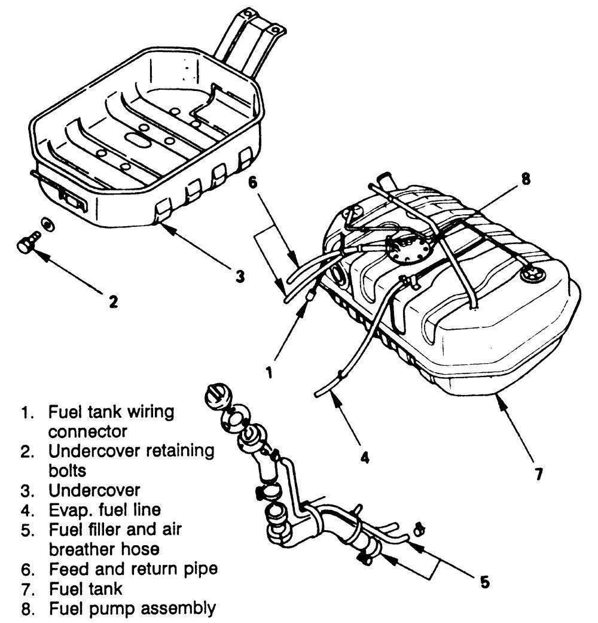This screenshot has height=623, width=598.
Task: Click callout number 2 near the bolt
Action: (112, 300)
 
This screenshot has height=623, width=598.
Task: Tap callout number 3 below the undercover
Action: (239, 276)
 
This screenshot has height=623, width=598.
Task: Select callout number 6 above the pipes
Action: (253, 184)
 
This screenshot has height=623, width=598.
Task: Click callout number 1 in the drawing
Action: (269, 372)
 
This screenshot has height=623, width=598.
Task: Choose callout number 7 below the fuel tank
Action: (538, 474)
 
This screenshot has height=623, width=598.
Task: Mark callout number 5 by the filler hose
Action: (485, 581)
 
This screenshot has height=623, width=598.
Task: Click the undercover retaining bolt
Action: (28, 244)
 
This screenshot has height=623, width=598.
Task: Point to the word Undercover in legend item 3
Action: (94, 491)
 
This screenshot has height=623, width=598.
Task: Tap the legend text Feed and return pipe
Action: (133, 569)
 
